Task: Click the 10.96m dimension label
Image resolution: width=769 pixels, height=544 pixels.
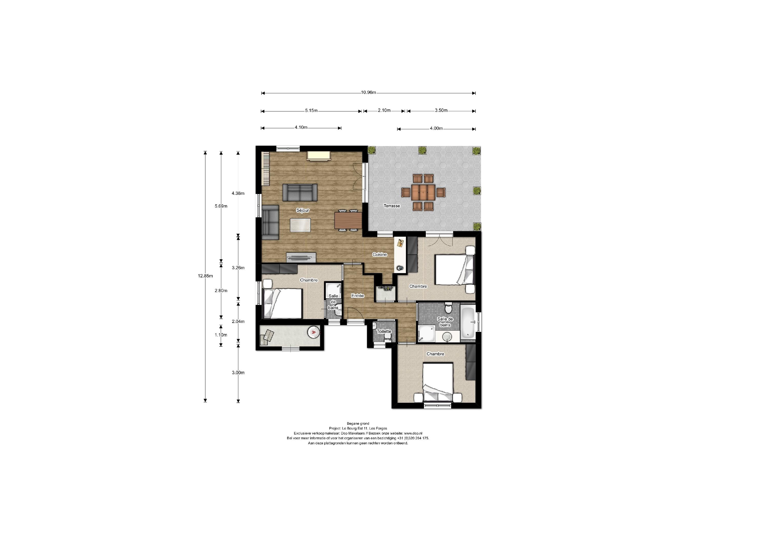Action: coord(368,93)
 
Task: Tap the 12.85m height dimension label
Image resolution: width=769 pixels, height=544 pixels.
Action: coord(205,276)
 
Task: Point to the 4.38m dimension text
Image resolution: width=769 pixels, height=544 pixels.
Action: coord(238,193)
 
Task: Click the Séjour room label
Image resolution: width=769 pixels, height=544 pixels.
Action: coord(302,211)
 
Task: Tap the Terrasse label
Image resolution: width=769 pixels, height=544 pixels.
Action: coord(391,206)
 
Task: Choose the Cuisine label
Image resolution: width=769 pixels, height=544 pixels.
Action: coord(379,254)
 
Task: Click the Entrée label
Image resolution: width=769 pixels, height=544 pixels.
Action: coord(357,296)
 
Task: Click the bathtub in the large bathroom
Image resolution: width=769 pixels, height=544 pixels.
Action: coord(468,322)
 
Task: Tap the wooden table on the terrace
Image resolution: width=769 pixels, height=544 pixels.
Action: coord(423,192)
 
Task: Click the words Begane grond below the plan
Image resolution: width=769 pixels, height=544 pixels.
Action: coord(358,423)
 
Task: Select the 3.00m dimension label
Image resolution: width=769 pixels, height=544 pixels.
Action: coord(238,372)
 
